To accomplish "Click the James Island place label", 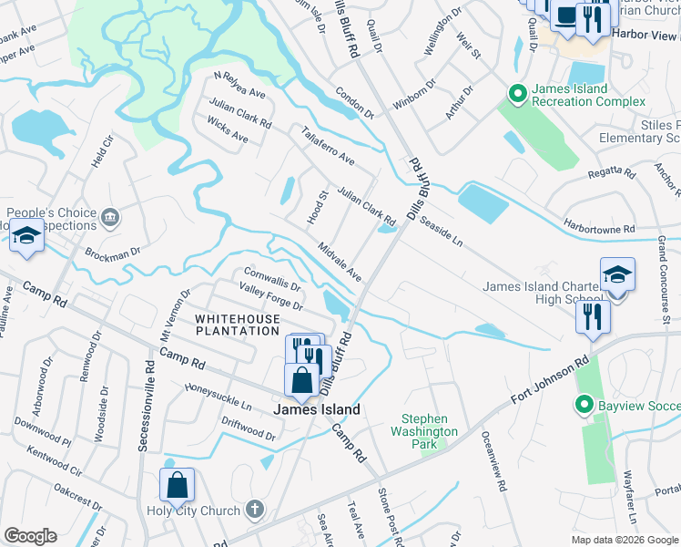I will [x=317, y=410].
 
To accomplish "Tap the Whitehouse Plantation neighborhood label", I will [x=237, y=325].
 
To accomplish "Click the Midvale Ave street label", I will [x=340, y=263].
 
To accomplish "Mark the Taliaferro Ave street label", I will [x=328, y=145].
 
